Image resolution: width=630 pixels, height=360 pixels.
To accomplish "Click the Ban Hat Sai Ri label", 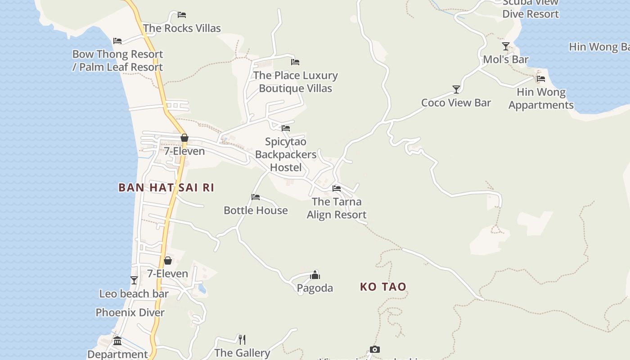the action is [x=166, y=187].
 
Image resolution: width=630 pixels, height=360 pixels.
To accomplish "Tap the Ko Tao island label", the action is [x=383, y=287].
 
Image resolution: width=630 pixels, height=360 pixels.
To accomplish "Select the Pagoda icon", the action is [x=315, y=275].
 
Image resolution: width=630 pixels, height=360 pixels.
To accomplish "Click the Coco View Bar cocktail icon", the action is [x=456, y=90].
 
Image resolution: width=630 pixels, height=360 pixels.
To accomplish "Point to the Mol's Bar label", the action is [x=505, y=59].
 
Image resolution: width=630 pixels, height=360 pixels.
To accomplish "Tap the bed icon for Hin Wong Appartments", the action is [x=541, y=79].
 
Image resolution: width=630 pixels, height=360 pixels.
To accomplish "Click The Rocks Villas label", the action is [x=182, y=28].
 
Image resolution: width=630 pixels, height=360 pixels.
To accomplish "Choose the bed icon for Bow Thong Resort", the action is [x=117, y=41].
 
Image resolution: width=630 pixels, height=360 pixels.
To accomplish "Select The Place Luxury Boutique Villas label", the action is [x=295, y=82].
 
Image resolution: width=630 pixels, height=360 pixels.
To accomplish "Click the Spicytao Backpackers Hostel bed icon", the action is [x=286, y=128].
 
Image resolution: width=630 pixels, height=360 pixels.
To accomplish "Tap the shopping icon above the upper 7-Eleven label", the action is [x=184, y=138].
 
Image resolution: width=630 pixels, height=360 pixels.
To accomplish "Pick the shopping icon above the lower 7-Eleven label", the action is [x=168, y=261].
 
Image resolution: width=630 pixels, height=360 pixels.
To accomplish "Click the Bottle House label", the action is [x=256, y=210].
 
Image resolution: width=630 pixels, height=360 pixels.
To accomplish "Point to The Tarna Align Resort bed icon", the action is [x=337, y=189].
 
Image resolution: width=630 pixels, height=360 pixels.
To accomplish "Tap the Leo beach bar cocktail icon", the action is [x=134, y=280].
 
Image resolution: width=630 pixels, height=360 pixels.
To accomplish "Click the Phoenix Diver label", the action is [x=130, y=312].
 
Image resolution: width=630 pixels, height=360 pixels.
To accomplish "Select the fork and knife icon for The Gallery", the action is [x=242, y=339].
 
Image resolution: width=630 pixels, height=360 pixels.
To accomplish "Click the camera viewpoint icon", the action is [x=375, y=349].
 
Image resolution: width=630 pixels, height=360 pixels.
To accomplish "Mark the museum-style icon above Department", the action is [x=117, y=341].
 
